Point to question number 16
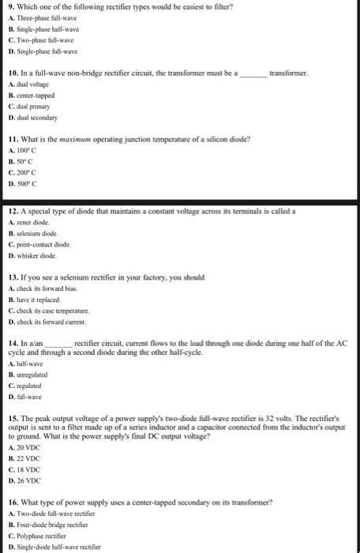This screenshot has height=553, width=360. click(12, 502)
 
